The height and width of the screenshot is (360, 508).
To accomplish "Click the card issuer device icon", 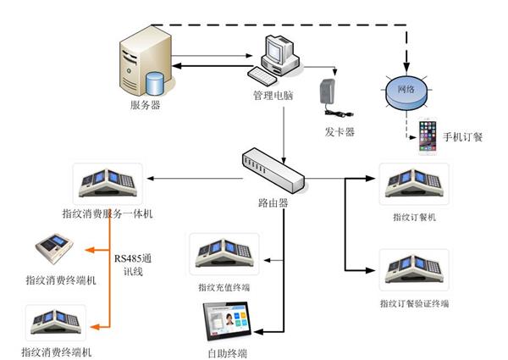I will click(x=328, y=98).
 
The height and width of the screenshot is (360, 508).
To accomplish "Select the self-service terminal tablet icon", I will click(x=229, y=319).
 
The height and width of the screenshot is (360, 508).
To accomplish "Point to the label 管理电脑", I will click(x=273, y=97).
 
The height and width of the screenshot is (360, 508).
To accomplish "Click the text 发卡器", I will click(x=339, y=132).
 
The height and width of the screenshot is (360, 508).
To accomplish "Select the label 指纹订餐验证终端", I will click(x=414, y=303).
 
